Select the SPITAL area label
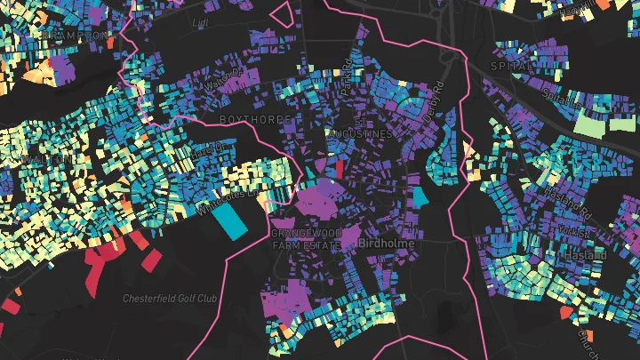coord(511,66)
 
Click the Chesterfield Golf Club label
coord(170,297)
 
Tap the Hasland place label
coord(585,255)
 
